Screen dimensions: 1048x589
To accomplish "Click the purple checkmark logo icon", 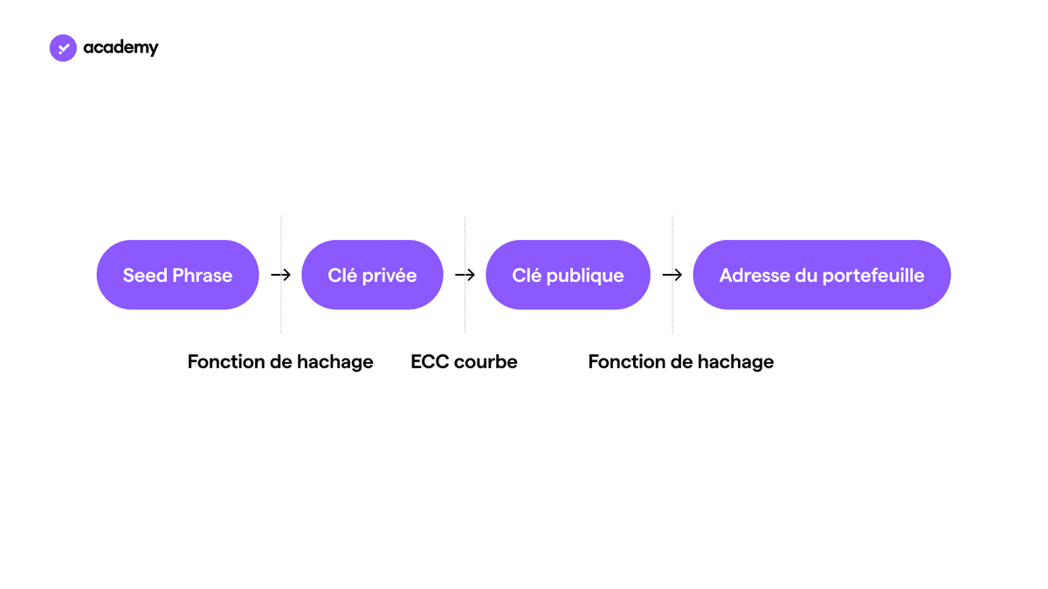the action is (x=63, y=48).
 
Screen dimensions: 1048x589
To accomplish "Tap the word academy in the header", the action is (x=121, y=48).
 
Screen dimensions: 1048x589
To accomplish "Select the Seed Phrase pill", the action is (x=178, y=275).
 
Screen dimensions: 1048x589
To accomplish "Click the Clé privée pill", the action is (x=372, y=275).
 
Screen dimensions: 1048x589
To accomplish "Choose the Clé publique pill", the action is (x=568, y=275).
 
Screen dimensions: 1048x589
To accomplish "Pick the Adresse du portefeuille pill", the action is (x=822, y=275).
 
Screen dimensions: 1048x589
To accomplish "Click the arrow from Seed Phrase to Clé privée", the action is (x=280, y=275).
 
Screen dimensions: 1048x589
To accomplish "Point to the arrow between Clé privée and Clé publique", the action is (x=465, y=275).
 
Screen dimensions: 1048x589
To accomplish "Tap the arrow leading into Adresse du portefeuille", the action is (x=672, y=275).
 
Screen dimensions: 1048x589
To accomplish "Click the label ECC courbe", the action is (x=464, y=362).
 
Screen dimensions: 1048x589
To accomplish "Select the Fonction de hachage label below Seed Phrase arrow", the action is (x=280, y=362).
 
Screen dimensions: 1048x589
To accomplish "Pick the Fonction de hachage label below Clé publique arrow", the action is (x=680, y=362).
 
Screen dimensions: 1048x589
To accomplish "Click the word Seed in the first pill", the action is (x=145, y=276).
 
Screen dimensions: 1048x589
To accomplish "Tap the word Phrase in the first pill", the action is (x=203, y=276).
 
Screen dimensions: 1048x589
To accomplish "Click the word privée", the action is (x=390, y=276).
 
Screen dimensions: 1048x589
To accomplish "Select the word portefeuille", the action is (x=873, y=276).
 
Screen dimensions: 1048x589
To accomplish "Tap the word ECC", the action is (x=430, y=362).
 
